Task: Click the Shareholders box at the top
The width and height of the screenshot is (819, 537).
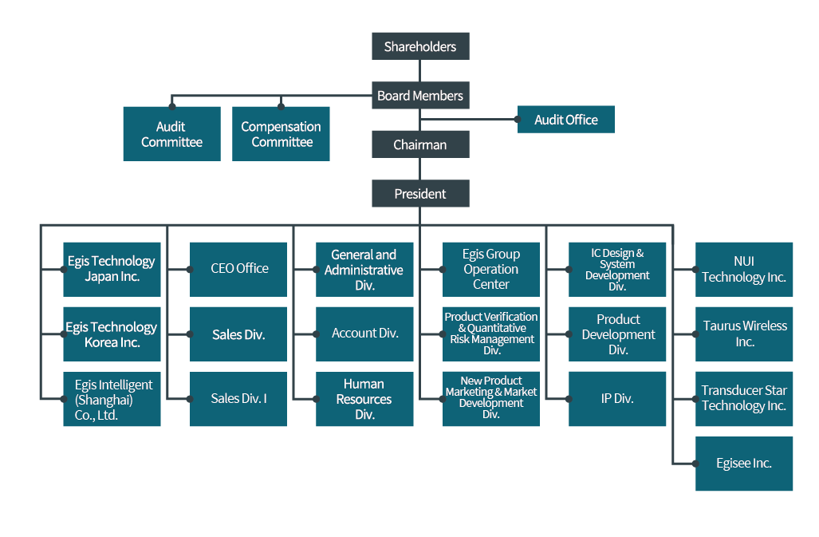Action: click(x=420, y=46)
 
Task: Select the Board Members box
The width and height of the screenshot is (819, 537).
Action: click(x=420, y=96)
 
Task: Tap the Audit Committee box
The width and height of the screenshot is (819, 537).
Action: click(x=171, y=134)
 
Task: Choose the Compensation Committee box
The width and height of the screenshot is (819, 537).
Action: click(x=281, y=134)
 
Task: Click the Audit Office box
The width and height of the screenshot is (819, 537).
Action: click(x=565, y=120)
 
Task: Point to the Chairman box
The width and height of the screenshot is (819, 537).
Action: click(x=420, y=144)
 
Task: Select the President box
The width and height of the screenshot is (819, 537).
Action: click(x=420, y=193)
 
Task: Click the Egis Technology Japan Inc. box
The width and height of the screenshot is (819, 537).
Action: click(x=112, y=269)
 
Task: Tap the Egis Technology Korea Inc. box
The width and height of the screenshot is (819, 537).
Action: click(x=112, y=334)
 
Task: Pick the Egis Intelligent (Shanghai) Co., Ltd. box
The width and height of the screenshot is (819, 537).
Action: click(x=112, y=399)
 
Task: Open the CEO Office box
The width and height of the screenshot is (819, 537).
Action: click(x=238, y=269)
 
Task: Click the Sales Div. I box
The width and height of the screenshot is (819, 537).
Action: click(x=238, y=398)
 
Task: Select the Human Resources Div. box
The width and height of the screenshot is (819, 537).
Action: click(x=364, y=399)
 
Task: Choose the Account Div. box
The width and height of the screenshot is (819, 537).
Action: click(x=364, y=334)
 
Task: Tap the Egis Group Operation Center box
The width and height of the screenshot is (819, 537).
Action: click(x=491, y=269)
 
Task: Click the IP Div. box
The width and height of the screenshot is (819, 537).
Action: click(x=617, y=398)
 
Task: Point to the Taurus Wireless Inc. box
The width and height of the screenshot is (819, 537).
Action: click(x=744, y=334)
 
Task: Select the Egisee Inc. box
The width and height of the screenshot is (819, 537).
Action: click(x=744, y=464)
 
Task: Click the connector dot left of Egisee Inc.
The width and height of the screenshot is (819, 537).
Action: click(x=695, y=464)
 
